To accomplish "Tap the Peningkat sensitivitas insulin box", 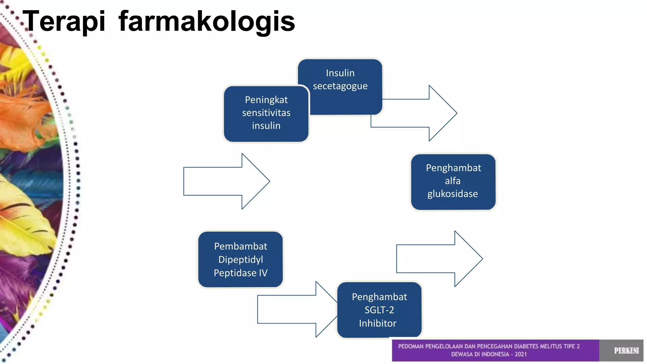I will pyautogui.click(x=266, y=113).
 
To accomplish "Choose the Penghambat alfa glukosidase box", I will pyautogui.click(x=453, y=181).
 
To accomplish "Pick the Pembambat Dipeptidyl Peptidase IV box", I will pyautogui.click(x=240, y=259).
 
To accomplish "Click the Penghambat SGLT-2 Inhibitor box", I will pyautogui.click(x=379, y=310).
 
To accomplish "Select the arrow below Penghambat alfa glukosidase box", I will pyautogui.click(x=439, y=259).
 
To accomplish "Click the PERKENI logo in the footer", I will pyautogui.click(x=626, y=350).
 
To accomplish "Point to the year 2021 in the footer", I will pyautogui.click(x=521, y=354).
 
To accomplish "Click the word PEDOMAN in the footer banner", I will pyautogui.click(x=410, y=346).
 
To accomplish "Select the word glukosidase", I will pyautogui.click(x=452, y=194).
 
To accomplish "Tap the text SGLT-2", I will pyautogui.click(x=379, y=310).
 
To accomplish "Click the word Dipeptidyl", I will pyautogui.click(x=240, y=260).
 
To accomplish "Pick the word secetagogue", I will pyautogui.click(x=340, y=86).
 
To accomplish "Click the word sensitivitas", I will pyautogui.click(x=266, y=113).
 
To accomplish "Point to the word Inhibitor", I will pyautogui.click(x=378, y=323).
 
